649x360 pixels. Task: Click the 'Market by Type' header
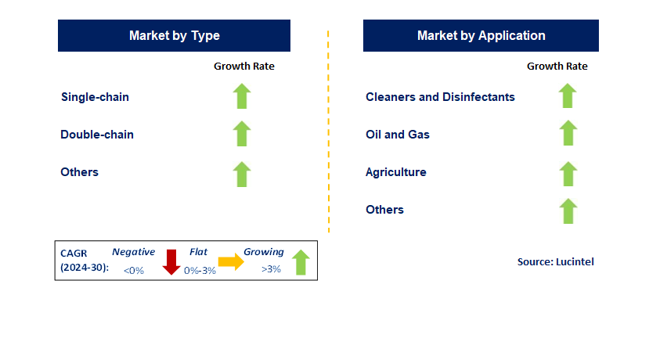175,35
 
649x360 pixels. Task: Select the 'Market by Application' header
481,35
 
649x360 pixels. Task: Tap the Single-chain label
96,97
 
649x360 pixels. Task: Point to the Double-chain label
97,135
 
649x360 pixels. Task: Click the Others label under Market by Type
80,172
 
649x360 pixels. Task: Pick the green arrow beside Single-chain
242,96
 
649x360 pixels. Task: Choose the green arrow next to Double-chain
242,133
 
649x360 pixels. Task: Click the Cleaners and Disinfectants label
441,97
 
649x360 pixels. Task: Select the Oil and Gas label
398,135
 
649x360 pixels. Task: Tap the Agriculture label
396,172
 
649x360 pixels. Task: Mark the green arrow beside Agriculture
568,174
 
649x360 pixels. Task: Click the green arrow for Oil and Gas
568,133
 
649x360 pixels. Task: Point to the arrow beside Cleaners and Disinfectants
568,95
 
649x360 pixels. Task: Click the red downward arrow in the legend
171,262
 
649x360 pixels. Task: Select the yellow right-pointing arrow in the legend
231,261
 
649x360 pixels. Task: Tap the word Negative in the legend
134,251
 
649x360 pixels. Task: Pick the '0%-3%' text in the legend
200,271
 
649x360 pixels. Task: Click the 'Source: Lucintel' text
556,262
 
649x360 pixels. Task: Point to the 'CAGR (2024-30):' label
85,261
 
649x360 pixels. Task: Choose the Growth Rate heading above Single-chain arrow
244,67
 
